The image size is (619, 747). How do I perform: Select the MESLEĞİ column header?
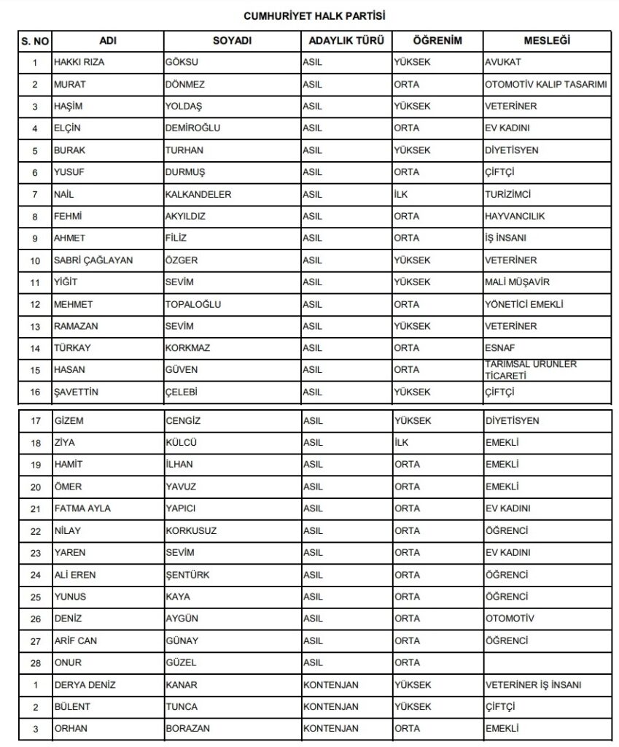point(547,41)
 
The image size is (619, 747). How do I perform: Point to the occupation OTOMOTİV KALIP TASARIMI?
point(546,85)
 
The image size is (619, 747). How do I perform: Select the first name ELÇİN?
point(68,128)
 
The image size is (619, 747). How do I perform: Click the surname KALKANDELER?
point(198,194)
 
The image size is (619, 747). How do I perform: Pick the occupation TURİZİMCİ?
point(508,194)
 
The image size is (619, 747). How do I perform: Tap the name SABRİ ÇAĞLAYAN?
point(93,260)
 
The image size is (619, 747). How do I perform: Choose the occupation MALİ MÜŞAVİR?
point(517,282)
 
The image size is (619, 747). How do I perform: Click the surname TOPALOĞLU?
point(193,304)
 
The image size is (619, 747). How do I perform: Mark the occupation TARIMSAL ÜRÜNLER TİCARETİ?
point(521,369)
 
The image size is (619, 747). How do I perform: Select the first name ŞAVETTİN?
point(76,392)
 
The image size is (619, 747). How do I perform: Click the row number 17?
point(34,421)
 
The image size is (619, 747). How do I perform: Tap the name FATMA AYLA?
point(82,508)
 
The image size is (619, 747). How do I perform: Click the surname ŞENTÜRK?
point(187,575)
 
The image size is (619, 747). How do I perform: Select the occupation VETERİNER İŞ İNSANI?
point(537,684)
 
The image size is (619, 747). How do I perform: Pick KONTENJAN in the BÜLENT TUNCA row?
point(330,706)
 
